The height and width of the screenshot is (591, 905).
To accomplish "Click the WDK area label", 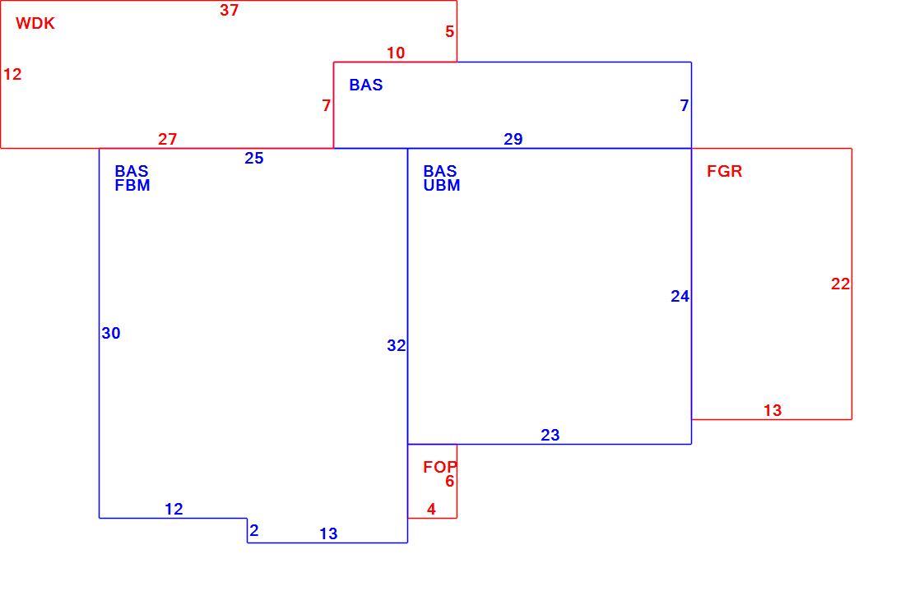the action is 35,24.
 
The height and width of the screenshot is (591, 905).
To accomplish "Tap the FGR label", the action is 724,171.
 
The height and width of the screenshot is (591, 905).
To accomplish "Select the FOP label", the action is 440,467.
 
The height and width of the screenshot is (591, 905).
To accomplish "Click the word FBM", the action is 132,186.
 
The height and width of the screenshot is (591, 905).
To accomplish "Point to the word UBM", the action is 442,186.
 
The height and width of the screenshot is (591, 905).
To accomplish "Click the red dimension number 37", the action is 230,11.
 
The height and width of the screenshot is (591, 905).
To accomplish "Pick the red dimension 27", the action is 167,140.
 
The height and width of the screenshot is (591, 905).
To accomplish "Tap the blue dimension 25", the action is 254,159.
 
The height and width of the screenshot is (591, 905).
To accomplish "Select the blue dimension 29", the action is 513,140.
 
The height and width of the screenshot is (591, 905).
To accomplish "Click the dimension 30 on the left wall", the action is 111,333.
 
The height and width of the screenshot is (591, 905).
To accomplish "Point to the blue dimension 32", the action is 396,345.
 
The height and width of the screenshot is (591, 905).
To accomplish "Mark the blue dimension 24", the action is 680,297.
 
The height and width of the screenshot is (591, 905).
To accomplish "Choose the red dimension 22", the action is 840,284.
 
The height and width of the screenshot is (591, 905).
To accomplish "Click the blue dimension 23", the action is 550,436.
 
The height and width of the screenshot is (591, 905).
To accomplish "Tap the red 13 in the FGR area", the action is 773,410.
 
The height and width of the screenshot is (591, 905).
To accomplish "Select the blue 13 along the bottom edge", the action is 328,534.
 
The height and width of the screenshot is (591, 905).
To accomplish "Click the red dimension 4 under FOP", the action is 431,509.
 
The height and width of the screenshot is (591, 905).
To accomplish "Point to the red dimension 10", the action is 396,53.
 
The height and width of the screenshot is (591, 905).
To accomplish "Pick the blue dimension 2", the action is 254,530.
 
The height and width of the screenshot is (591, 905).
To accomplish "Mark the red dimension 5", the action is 449,32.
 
